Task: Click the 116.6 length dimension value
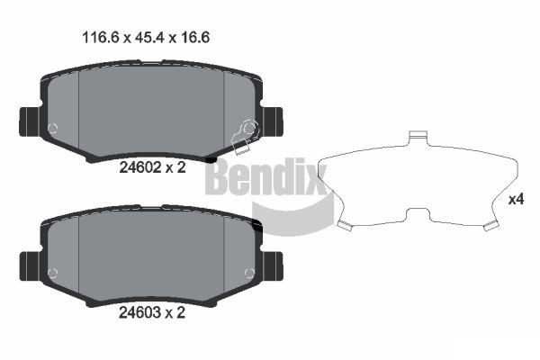click(100, 37)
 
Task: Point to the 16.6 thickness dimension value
click(194, 37)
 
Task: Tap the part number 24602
click(139, 167)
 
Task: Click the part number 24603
click(139, 312)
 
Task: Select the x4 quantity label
click(517, 200)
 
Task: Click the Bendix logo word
click(266, 176)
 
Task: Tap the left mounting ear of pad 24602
click(31, 121)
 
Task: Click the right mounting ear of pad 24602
click(273, 121)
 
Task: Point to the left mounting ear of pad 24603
click(31, 266)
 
